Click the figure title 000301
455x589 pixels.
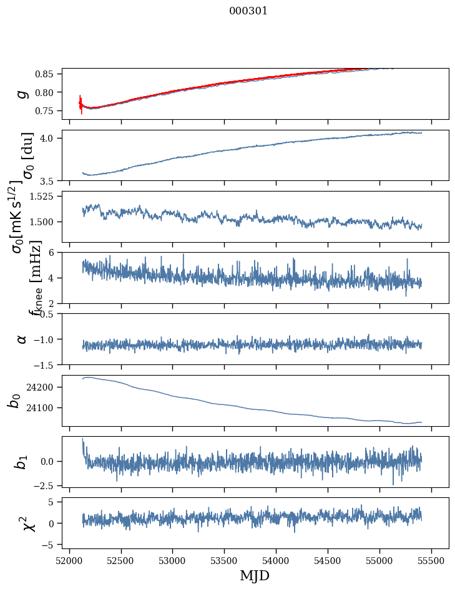248,11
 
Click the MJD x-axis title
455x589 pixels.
255,575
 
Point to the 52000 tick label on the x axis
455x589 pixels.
69,560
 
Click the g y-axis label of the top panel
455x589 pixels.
22,94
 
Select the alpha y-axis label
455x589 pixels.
22,339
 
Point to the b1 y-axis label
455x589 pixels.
21,462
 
